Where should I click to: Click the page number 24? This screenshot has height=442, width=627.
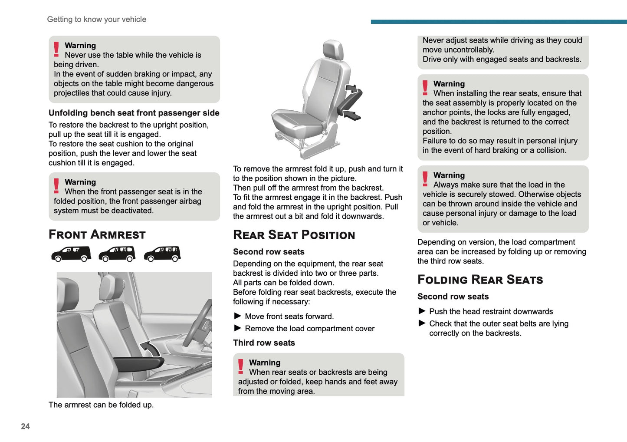click(x=25, y=426)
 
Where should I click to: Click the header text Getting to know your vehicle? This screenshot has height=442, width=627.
click(x=96, y=20)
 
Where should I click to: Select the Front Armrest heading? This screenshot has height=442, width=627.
click(x=97, y=234)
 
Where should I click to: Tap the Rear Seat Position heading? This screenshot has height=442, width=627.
click(x=294, y=235)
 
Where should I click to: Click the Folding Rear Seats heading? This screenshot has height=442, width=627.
click(x=480, y=280)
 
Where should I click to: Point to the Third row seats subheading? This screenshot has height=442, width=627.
click(x=264, y=343)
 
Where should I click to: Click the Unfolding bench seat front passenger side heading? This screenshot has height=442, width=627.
click(x=134, y=113)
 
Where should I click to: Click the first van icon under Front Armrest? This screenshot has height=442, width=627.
click(x=71, y=254)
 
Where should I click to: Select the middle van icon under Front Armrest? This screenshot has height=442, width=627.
click(x=117, y=254)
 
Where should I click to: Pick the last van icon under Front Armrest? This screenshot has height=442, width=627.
click(x=162, y=254)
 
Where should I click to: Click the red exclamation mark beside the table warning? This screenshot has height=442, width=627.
click(x=56, y=49)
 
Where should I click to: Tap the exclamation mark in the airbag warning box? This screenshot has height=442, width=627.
click(x=56, y=186)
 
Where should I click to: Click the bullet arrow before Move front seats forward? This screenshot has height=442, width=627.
click(x=237, y=316)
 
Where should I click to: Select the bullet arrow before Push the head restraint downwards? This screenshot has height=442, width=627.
click(x=422, y=311)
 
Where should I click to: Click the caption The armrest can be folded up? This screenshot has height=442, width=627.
click(x=101, y=405)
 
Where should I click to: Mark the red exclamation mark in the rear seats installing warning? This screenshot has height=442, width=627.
click(x=425, y=88)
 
